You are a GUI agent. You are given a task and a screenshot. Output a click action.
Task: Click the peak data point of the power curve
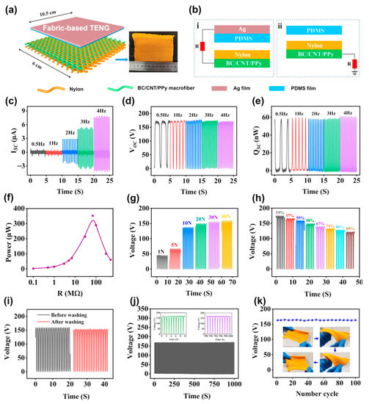point(92,216)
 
